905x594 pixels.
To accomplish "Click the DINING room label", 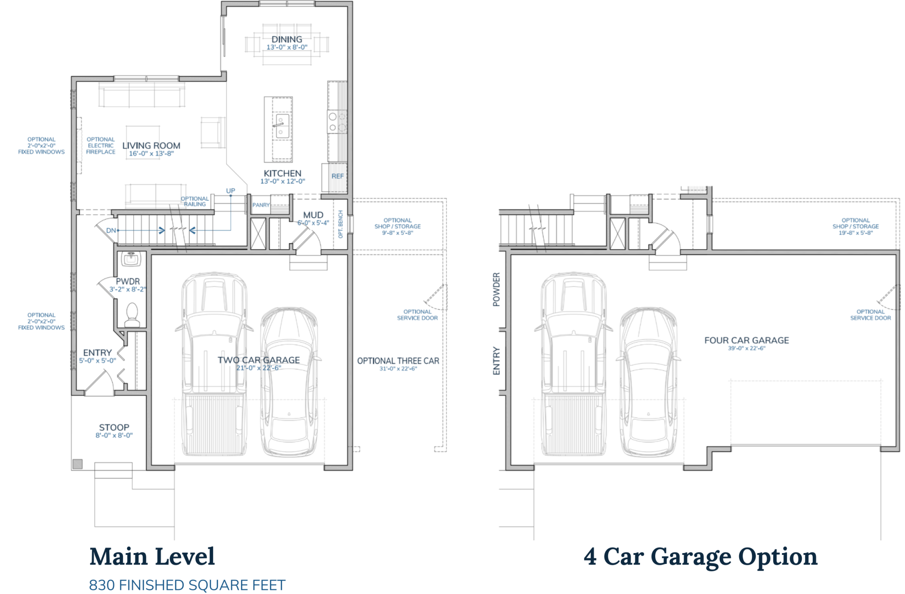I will pyautogui.click(x=286, y=40).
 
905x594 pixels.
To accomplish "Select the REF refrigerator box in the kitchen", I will pyautogui.click(x=337, y=176).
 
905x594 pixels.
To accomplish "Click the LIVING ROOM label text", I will pyautogui.click(x=151, y=146).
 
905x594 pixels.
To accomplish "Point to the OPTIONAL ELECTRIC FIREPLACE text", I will pyautogui.click(x=101, y=145).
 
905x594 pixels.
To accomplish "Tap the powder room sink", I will pyautogui.click(x=131, y=259).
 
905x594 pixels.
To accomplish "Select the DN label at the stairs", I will pyautogui.click(x=111, y=230).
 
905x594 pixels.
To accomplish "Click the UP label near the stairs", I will pyautogui.click(x=231, y=191).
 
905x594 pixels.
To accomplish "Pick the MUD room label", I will pyautogui.click(x=313, y=215).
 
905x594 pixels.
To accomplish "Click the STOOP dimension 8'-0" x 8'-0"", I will pyautogui.click(x=114, y=435).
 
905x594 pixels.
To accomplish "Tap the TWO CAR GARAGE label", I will pyautogui.click(x=258, y=360).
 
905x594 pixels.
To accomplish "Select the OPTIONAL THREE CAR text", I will pyautogui.click(x=398, y=361).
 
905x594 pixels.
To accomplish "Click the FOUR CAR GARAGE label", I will pyautogui.click(x=746, y=341).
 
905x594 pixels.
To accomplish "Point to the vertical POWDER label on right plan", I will pyautogui.click(x=496, y=289).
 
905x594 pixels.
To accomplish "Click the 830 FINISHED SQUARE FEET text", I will pyautogui.click(x=187, y=585).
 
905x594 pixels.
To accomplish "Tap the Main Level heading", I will pyautogui.click(x=152, y=557).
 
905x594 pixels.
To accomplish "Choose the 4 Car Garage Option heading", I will pyautogui.click(x=700, y=557).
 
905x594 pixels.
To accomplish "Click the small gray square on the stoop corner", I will pyautogui.click(x=77, y=464).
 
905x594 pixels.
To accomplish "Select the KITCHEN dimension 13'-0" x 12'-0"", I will pyautogui.click(x=282, y=181).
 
